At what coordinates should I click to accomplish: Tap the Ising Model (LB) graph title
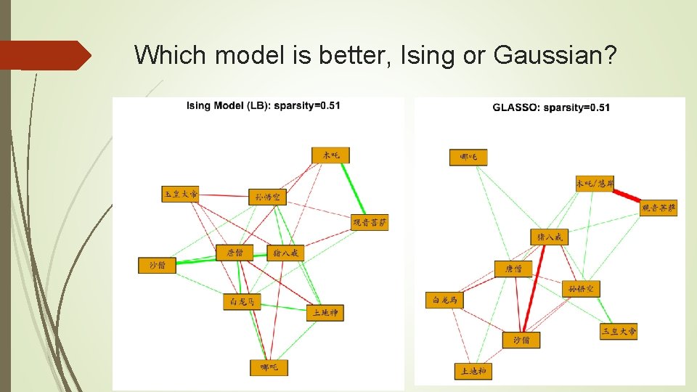click(x=264, y=106)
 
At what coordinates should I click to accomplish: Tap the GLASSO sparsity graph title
click(x=551, y=107)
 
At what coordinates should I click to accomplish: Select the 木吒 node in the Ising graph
click(x=331, y=155)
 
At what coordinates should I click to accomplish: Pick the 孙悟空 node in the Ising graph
click(x=267, y=197)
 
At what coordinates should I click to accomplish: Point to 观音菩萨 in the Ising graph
click(x=370, y=222)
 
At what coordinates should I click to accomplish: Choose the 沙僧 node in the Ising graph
click(x=158, y=265)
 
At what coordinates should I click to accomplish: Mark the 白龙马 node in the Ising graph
click(x=242, y=301)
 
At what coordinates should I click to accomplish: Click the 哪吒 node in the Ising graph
click(x=269, y=368)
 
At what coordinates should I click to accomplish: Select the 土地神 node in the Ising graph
click(x=325, y=312)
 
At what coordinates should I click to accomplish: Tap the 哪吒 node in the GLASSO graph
click(x=468, y=157)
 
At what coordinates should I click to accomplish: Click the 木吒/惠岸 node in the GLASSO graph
click(x=595, y=183)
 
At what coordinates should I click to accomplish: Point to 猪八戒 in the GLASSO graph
click(x=550, y=237)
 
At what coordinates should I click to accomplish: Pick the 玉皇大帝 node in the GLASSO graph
click(x=619, y=331)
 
